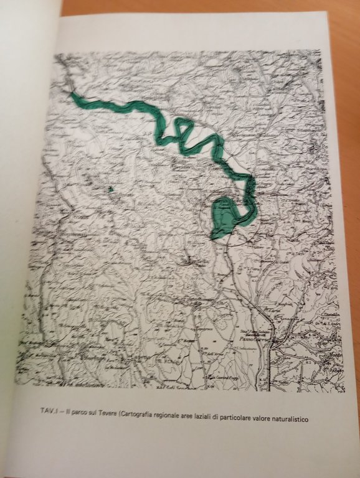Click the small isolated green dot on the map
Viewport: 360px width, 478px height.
click(x=110, y=188)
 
